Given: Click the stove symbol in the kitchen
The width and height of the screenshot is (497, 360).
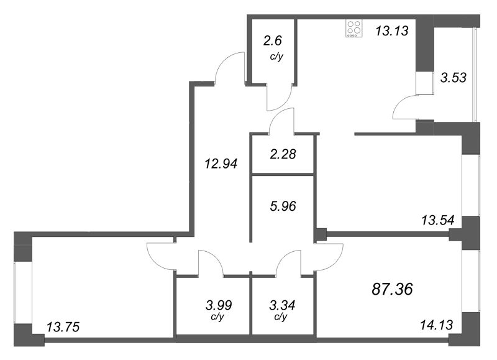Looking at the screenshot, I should click(x=353, y=29).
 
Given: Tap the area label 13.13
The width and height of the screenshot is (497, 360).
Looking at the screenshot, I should click(x=391, y=29).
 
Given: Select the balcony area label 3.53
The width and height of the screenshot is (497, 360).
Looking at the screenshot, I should click(x=453, y=78).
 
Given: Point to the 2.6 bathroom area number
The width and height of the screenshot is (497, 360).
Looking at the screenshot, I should click(x=272, y=42).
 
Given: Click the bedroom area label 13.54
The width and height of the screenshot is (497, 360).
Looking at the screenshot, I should click(x=439, y=219).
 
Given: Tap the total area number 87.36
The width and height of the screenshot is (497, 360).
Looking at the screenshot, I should click(x=391, y=288).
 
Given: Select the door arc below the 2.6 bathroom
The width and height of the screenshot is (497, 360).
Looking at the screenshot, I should click(x=276, y=98).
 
